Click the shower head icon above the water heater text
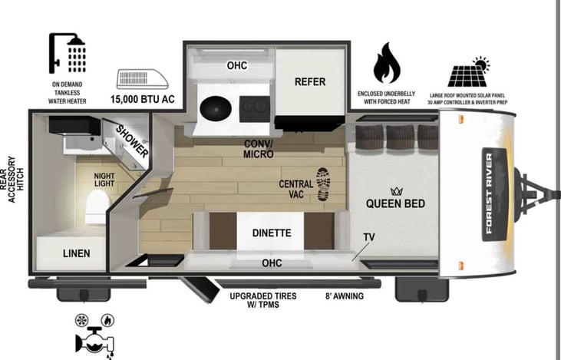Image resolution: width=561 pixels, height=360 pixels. click(68, 52)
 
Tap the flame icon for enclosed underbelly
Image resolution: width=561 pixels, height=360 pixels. click(387, 63)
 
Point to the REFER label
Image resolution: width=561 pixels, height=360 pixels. click(310, 82)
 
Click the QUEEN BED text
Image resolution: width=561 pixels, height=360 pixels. click(395, 203)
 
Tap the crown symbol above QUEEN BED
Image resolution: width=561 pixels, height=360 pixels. click(397, 190)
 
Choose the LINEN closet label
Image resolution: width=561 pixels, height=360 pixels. click(76, 253)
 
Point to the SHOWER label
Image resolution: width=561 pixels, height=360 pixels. click(132, 140)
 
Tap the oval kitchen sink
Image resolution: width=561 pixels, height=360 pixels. click(219, 110)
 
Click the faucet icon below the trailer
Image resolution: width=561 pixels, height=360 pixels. click(91, 337)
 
